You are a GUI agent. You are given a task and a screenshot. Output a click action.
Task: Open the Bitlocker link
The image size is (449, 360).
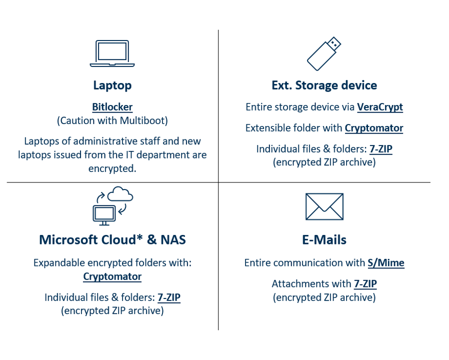tap(112, 107)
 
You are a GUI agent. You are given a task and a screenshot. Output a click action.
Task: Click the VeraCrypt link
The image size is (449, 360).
tap(380, 107)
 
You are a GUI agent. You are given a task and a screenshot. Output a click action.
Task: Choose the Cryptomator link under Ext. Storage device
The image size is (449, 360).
tap(374, 128)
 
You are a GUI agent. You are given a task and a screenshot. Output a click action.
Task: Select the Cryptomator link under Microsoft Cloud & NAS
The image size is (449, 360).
tap(112, 276)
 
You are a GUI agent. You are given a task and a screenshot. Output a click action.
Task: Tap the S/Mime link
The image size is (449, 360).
tap(386, 263)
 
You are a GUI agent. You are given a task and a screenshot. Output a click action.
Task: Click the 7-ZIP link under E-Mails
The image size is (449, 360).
tap(365, 284)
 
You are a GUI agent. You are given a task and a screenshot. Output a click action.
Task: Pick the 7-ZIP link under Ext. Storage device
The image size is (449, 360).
tap(381, 149)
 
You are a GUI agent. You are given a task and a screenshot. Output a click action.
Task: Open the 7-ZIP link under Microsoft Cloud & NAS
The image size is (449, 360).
tap(169, 297)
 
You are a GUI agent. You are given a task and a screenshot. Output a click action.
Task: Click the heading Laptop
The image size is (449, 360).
tap(112, 85)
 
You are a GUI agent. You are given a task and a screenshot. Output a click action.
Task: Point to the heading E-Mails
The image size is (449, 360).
tap(324, 239)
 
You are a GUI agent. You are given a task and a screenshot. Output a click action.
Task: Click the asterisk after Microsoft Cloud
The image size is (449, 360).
tap(139, 237)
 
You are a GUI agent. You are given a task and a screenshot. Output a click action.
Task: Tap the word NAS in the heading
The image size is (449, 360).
tap(173, 239)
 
